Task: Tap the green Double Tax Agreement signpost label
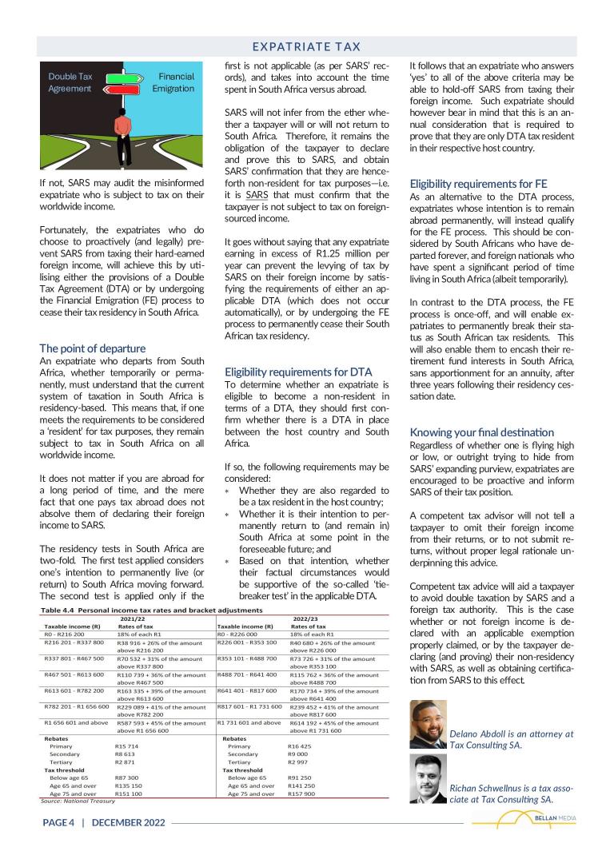pyautogui.click(x=70, y=82)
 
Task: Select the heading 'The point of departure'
pyautogui.click(x=93, y=348)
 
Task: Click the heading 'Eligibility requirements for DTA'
pyautogui.click(x=298, y=372)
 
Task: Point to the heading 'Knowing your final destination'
pyautogui.click(x=481, y=432)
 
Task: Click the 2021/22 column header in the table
pyautogui.click(x=133, y=618)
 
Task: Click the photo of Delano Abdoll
pyautogui.click(x=428, y=724)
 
